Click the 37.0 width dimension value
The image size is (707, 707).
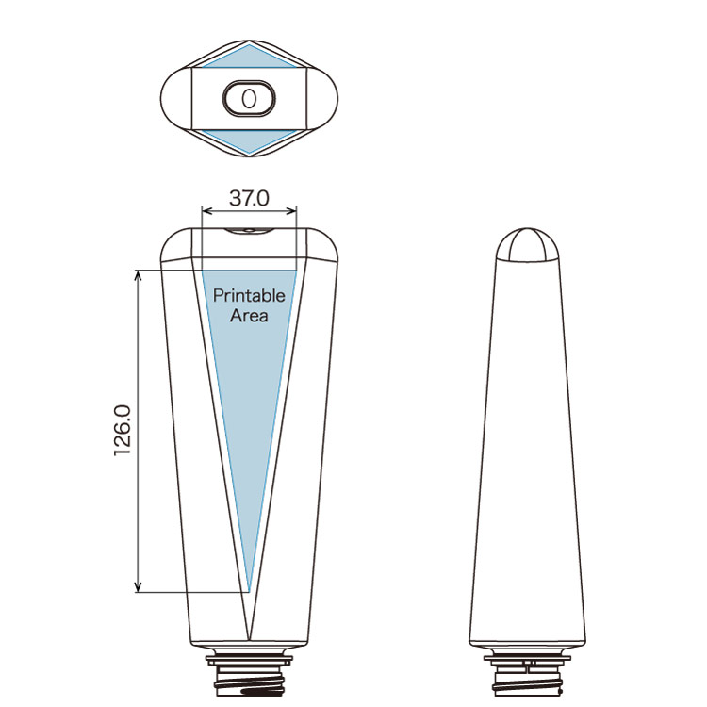pos(249,198)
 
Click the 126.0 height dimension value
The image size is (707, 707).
pos(123,431)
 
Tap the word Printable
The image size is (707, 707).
pos(249,296)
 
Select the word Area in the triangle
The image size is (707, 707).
pos(249,316)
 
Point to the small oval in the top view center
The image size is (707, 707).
pos(249,99)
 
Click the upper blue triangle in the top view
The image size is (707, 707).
pos(249,57)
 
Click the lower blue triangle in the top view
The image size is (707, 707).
pos(249,141)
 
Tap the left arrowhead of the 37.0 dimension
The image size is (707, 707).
pos(207,210)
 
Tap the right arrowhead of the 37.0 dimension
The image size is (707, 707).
pos(291,210)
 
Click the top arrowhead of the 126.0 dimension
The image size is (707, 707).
pos(138,275)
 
